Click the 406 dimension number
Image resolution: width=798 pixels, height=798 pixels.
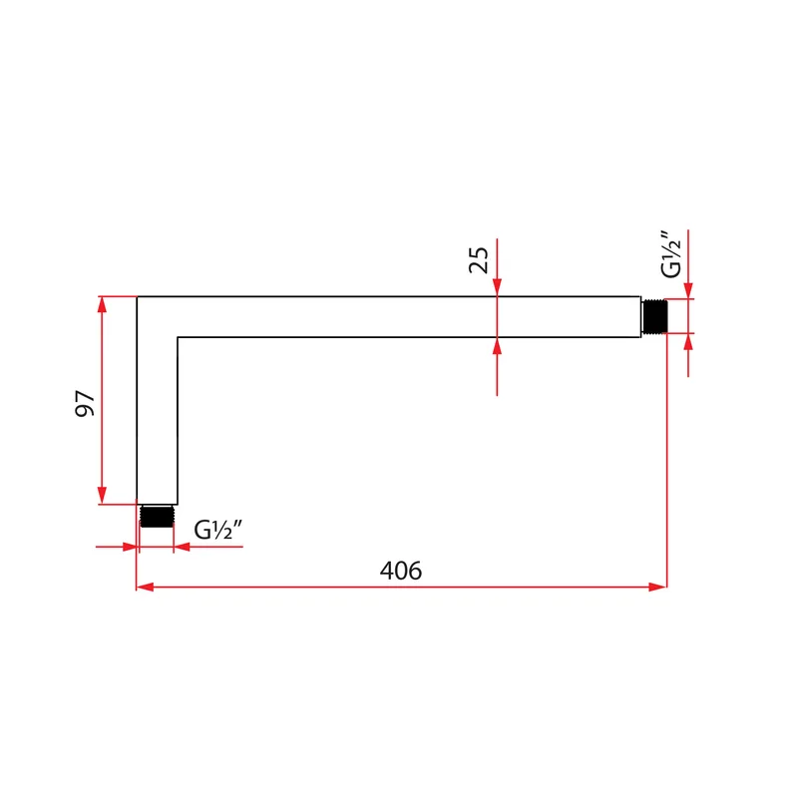coord(401,571)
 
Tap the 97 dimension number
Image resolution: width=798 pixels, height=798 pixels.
coord(85,404)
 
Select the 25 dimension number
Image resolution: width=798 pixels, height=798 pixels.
coord(479,260)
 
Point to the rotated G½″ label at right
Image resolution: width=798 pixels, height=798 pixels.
coord(670,254)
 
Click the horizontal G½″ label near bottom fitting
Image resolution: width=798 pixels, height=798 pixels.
coord(218,530)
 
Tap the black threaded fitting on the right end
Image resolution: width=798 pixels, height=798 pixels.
coord(654,316)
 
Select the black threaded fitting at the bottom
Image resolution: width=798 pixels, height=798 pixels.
coord(157,516)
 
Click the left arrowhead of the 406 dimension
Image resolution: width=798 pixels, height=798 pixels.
coord(145,587)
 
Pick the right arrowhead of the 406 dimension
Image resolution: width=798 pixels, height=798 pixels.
coord(657,587)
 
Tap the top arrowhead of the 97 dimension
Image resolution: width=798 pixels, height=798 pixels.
coord(102,304)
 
